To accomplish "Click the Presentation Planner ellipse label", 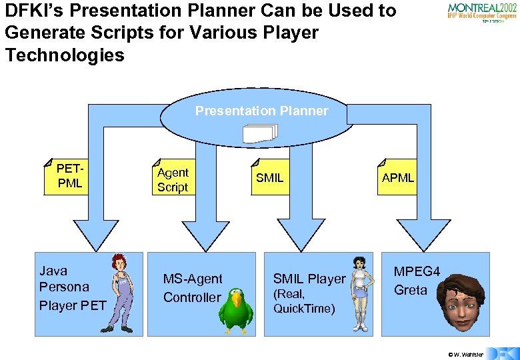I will click(261, 111).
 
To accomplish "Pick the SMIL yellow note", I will click(270, 177).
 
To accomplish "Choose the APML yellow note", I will click(398, 177).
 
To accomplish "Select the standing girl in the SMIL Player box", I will click(361, 293).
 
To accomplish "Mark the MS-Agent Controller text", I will click(193, 288).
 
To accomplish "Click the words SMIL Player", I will click(309, 279).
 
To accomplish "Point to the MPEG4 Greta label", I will click(417, 281).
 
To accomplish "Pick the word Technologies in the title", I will click(65, 55).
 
